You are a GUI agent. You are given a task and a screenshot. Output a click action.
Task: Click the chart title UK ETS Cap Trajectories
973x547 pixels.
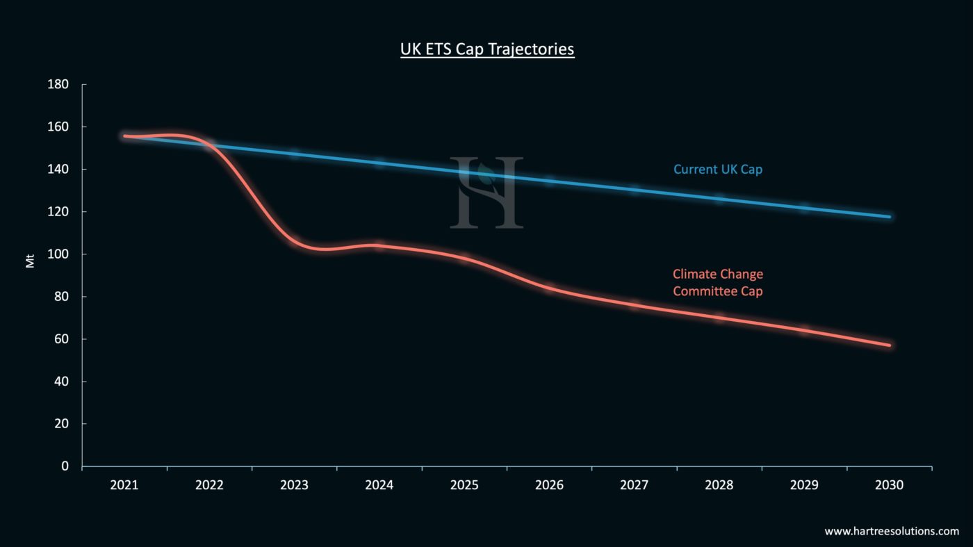point(487,49)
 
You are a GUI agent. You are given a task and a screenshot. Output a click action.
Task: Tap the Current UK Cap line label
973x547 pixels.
point(717,169)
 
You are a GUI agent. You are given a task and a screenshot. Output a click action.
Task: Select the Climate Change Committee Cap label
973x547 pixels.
point(717,283)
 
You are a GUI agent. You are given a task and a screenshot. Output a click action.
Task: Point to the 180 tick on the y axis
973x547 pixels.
point(58,85)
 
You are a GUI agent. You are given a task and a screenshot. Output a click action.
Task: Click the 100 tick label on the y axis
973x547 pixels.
point(58,254)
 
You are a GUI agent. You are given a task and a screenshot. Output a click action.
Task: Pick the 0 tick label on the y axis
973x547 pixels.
point(65,466)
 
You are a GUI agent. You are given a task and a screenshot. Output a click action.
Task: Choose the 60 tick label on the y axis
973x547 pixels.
point(61,339)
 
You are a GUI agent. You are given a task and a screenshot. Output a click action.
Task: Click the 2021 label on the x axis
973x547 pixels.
point(124,485)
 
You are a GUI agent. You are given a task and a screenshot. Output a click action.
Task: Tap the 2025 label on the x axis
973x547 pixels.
point(464,485)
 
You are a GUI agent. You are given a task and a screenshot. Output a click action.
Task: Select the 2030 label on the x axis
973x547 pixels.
point(889,485)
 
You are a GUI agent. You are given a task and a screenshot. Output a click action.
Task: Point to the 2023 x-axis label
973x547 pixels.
point(294,485)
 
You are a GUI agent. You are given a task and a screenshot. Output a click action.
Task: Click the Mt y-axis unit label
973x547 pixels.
point(30,261)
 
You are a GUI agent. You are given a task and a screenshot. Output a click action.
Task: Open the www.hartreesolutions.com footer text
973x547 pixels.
point(892,531)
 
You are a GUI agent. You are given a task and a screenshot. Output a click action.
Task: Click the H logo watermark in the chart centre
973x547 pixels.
point(486,193)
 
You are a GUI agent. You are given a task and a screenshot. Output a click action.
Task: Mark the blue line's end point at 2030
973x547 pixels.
point(889,217)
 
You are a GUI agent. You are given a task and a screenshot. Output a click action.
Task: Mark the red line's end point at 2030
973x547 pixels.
point(889,345)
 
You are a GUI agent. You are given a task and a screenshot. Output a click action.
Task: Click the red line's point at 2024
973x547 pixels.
point(379,245)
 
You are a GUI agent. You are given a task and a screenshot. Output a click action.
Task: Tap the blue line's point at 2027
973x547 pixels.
point(634,189)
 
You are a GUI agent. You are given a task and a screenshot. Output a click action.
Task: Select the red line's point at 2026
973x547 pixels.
point(549,288)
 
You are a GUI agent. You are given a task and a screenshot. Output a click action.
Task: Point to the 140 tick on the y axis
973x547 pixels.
point(58,170)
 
